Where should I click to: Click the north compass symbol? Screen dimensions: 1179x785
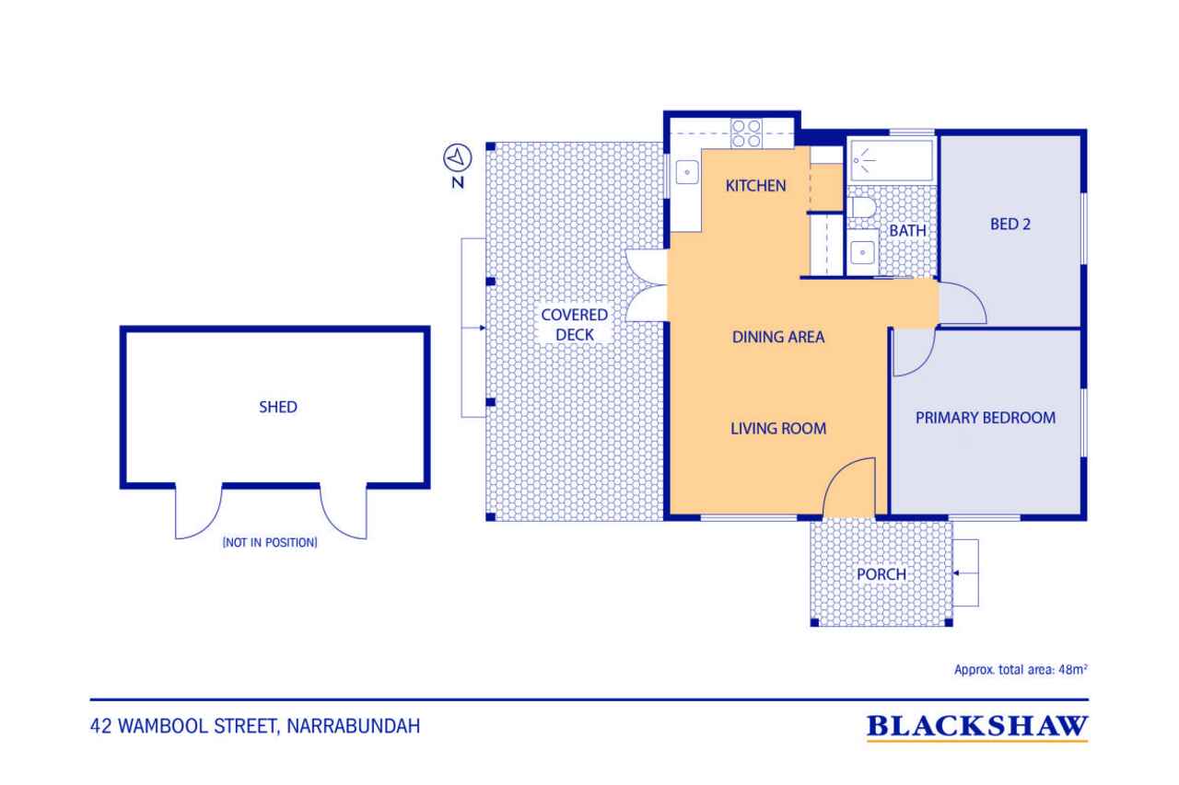(x=457, y=157)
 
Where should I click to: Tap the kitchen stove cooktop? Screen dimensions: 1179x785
(x=746, y=133)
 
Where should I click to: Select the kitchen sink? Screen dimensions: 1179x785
(x=687, y=172)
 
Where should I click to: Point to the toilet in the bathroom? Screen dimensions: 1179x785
(x=861, y=207)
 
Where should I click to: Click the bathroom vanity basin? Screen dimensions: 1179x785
(x=862, y=253)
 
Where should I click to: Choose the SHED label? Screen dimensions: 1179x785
(x=278, y=407)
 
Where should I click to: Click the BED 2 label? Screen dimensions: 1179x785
(x=1010, y=224)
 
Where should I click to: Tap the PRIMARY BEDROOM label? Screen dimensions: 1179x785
(x=986, y=418)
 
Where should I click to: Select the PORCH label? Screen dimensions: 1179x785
(x=881, y=574)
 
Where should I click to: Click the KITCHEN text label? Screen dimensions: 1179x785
(x=755, y=186)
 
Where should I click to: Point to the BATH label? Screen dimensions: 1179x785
(x=907, y=230)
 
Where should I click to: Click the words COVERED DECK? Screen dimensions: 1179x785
(x=574, y=325)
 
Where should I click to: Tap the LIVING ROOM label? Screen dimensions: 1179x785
(x=778, y=429)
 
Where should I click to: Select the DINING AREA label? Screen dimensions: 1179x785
(x=778, y=337)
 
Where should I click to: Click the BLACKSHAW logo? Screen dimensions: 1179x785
(x=977, y=727)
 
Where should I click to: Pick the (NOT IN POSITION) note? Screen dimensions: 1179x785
(x=270, y=542)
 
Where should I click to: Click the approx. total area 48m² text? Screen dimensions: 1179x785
(x=1021, y=669)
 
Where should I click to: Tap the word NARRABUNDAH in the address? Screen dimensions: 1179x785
(x=354, y=726)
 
